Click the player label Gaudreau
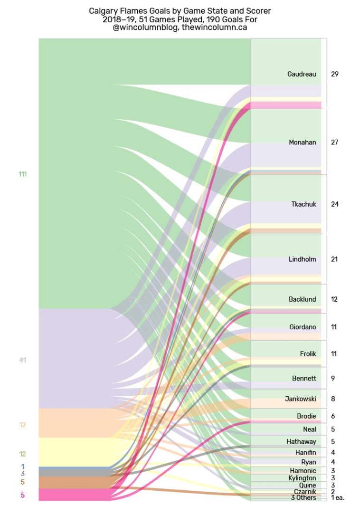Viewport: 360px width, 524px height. tap(302, 74)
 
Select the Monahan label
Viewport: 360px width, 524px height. tap(303, 143)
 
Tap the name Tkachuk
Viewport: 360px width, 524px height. tap(303, 204)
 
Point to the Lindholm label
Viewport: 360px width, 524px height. tap(302, 259)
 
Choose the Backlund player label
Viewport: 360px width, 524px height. tap(302, 299)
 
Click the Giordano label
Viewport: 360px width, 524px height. tap(303, 327)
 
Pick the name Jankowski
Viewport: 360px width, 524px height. tap(300, 399)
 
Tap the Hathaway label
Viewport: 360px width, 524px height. tap(301, 441)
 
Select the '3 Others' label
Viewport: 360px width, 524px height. tap(303, 497)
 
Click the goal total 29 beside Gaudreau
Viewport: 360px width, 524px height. tap(335, 74)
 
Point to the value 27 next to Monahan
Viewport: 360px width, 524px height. tap(335, 143)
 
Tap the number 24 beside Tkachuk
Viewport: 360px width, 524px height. tap(335, 204)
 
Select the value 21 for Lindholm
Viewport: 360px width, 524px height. tap(335, 259)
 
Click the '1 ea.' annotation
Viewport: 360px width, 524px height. tap(337, 497)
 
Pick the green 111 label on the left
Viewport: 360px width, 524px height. tap(22, 174)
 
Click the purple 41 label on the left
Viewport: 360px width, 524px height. tap(23, 360)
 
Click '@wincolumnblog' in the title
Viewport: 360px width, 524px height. tap(145, 28)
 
